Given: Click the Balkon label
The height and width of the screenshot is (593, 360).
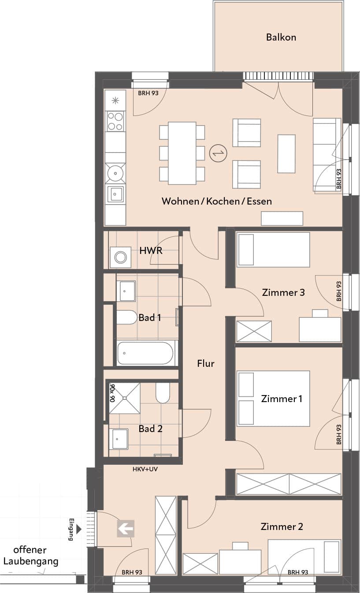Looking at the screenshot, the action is pos(281,37).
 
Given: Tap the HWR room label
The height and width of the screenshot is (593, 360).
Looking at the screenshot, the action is pos(151,250).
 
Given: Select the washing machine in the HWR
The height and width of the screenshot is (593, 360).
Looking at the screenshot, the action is pos(121,257).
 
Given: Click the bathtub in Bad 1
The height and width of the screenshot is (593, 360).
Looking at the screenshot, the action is pos(145,353).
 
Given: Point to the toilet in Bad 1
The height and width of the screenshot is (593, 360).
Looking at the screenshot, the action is pos(127,317).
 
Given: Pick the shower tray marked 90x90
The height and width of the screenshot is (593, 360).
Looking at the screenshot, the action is pos(125,398).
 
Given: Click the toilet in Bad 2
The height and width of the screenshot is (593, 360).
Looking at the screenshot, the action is pos(163,393).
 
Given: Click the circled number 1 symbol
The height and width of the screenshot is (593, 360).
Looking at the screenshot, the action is pos(218,153).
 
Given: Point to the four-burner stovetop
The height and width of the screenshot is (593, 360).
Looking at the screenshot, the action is pos(115,121).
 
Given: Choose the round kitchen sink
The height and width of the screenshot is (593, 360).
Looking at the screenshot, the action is pos(115,173).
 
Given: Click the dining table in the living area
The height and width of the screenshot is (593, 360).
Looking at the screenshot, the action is pos(182,153).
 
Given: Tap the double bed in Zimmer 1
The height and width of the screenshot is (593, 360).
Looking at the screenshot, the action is pos(273,399).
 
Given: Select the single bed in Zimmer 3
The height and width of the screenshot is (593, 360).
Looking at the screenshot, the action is pos(273,250).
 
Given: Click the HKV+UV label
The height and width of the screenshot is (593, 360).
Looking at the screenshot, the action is pos(145,469).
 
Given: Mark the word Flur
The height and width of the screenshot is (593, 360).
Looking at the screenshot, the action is pos(205,363).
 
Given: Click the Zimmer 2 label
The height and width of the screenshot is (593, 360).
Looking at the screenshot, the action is pos(282,526).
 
